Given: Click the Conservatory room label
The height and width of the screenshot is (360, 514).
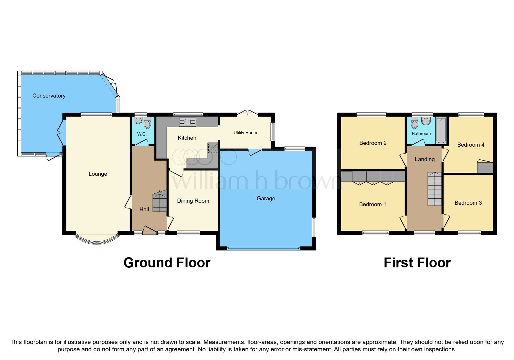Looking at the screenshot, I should coord(49,96).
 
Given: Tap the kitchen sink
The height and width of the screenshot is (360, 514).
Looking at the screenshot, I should coord(187,122).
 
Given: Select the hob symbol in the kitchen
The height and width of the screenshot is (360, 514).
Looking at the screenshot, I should coord(213,148).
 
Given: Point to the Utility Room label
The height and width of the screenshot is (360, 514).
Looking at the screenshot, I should coord(245,133).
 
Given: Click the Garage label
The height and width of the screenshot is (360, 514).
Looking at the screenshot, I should coord(266,199).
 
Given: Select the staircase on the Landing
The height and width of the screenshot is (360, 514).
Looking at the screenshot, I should coord(434,189).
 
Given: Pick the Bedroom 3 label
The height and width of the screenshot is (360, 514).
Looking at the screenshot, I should coord(468,203).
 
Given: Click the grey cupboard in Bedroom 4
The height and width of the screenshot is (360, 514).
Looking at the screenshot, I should coord(485,168).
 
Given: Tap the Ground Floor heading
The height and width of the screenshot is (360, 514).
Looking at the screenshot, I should coord(167,263).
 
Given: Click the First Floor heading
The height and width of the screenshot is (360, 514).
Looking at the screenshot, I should coord(417,263).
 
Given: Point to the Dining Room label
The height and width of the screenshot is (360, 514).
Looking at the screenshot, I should coord(193,201).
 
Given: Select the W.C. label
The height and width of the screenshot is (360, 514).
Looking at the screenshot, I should coord(142,134).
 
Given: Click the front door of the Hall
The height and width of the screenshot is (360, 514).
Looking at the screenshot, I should coord(150,231).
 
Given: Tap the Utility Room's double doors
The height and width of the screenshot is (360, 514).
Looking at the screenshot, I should coord(247,113).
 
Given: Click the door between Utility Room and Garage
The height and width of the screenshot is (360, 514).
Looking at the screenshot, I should coord(255,151).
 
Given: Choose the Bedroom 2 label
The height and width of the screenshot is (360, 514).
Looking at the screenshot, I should coord(373,143).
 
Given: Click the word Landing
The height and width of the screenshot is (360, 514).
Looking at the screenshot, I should coord(425,159).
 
